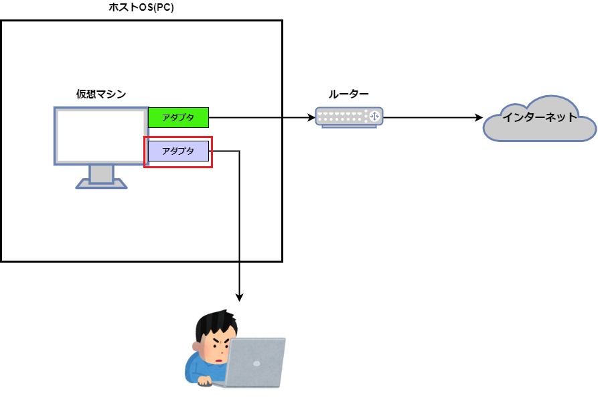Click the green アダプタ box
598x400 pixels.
[x=179, y=117]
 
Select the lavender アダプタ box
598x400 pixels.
[x=179, y=151]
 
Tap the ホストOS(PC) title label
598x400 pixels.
[x=141, y=7]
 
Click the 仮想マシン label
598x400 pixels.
[x=101, y=94]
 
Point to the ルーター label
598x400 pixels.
[x=349, y=94]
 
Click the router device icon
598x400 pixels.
[x=349, y=117]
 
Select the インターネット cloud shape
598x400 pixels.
[x=539, y=119]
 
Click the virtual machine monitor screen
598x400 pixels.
[x=101, y=136]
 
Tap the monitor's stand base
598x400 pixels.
[x=101, y=184]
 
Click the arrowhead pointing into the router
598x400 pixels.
[x=311, y=117]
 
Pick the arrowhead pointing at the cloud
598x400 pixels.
[x=479, y=117]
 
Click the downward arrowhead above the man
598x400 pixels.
[x=239, y=297]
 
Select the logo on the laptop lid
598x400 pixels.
[x=256, y=364]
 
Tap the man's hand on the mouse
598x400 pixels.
[x=205, y=381]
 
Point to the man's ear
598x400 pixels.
[x=197, y=347]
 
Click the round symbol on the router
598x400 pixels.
[x=374, y=117]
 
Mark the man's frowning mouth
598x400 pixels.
[x=219, y=360]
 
